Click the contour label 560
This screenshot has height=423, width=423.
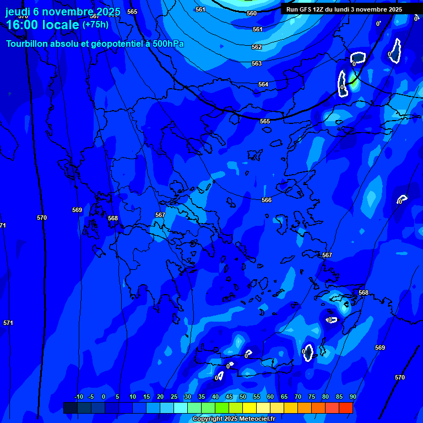252,13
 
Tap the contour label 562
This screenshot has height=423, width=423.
257,47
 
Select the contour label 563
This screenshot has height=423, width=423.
257,64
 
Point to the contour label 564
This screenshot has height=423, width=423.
263,84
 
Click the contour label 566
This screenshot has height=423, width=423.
267,200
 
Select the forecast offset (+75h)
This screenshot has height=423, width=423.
95,25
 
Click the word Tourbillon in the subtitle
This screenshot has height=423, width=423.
28,44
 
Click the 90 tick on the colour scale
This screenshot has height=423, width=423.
352,397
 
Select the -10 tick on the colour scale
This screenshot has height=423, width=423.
78,397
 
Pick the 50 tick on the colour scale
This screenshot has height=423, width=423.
243,397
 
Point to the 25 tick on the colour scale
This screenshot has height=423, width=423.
174,397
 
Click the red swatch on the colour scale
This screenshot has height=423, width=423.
346,408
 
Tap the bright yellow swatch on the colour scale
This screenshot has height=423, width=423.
250,408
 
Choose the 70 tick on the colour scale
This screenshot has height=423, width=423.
298,397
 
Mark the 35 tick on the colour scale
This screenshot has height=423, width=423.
202,397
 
